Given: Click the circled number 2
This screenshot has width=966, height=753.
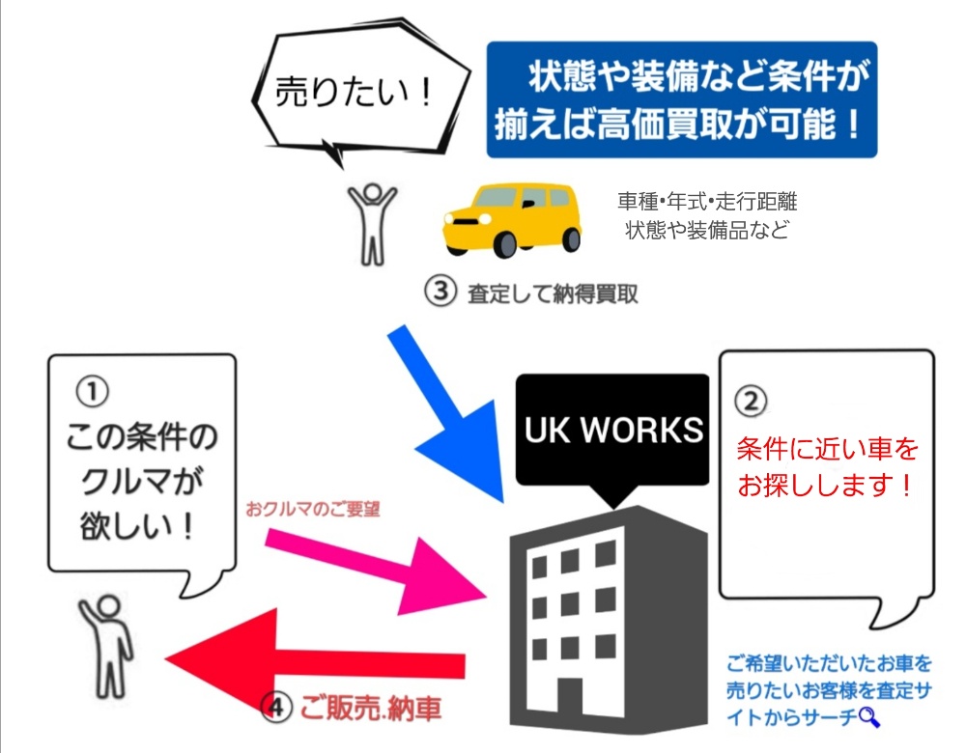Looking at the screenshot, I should (x=751, y=400).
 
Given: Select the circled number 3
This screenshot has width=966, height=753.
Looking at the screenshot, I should (x=440, y=293).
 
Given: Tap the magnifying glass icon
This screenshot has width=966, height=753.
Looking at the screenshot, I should (x=869, y=715).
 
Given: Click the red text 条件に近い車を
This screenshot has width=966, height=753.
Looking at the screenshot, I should (x=827, y=449).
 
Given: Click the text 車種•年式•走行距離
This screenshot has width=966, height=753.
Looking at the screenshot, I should (x=707, y=203).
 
